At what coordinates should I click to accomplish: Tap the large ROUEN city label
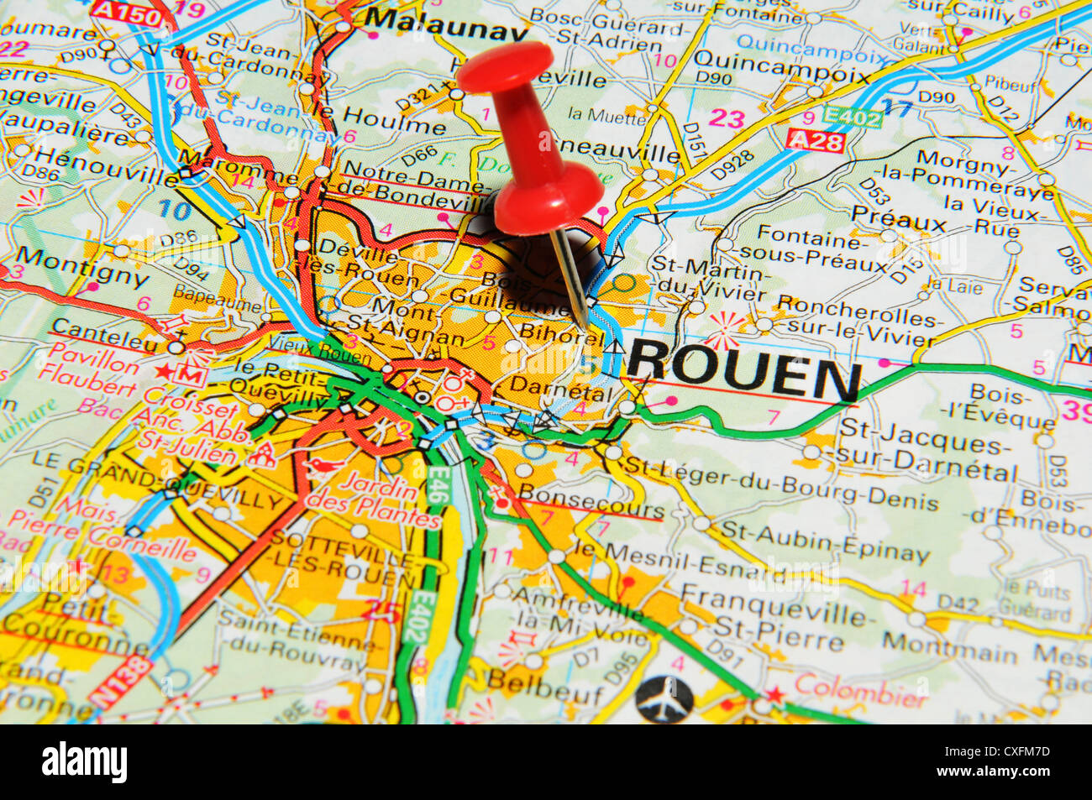click(744, 370)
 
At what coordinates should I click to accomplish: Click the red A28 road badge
click(815, 140)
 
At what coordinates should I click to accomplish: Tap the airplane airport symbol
click(664, 698)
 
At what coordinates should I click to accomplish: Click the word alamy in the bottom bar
click(84, 762)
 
